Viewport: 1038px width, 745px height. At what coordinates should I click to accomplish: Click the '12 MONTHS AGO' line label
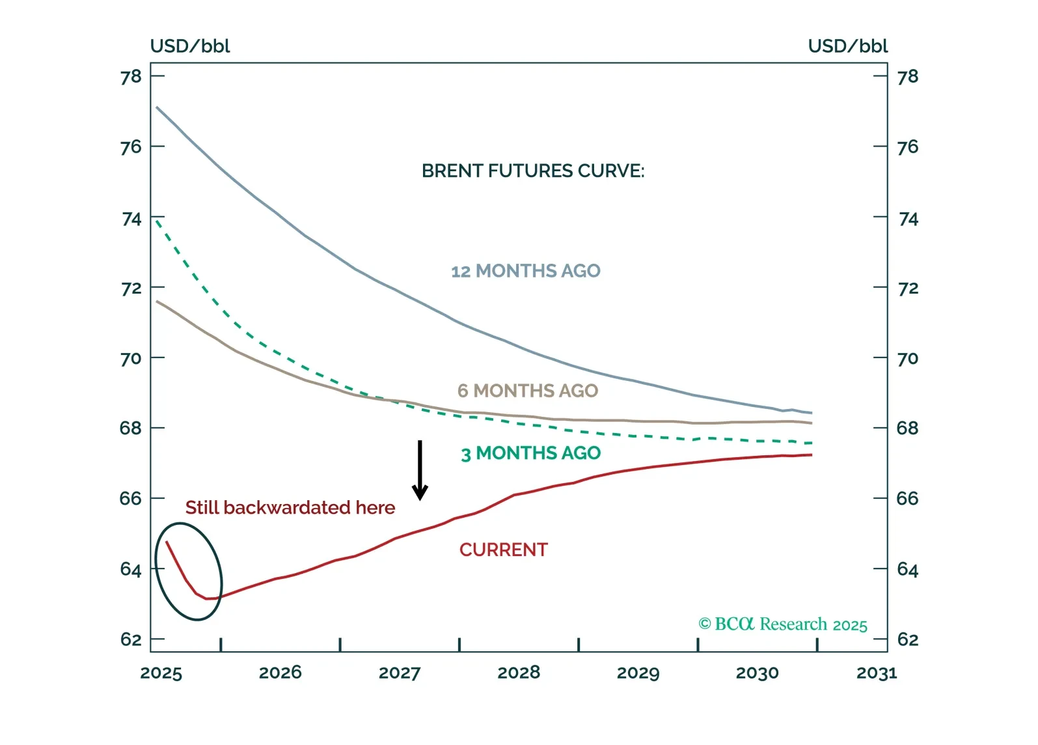point(526,271)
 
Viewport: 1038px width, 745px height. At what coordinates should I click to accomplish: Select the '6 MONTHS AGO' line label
point(528,391)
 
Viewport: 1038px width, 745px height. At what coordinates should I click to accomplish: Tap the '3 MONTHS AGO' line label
point(530,453)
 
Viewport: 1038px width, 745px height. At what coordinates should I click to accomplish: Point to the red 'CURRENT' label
point(504,550)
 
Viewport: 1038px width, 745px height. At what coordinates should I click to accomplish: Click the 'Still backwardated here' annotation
point(290,508)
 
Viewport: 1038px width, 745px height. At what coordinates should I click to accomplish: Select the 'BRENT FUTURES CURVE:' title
point(533,171)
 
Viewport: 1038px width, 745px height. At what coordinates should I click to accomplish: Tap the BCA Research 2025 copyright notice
point(783,625)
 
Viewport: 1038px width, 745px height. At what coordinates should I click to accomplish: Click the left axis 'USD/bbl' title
point(190,46)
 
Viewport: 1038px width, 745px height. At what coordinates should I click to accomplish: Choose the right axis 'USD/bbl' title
point(847,46)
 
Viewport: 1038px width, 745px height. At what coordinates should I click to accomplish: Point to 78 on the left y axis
point(131,77)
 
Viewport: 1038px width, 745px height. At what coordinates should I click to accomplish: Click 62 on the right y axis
point(908,640)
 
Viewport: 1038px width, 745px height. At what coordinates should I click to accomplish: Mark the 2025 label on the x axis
point(161,673)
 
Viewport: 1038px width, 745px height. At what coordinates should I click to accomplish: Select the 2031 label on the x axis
point(877,673)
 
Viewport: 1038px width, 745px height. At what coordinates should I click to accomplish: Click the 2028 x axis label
point(519,673)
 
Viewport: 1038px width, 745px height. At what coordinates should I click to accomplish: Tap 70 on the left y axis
point(131,359)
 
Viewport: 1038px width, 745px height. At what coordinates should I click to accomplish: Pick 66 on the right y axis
point(908,499)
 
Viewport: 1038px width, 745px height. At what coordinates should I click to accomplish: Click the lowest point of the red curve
point(210,598)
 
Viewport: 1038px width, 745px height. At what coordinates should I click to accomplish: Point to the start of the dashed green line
point(157,220)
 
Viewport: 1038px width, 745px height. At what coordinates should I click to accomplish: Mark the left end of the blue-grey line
point(157,107)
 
